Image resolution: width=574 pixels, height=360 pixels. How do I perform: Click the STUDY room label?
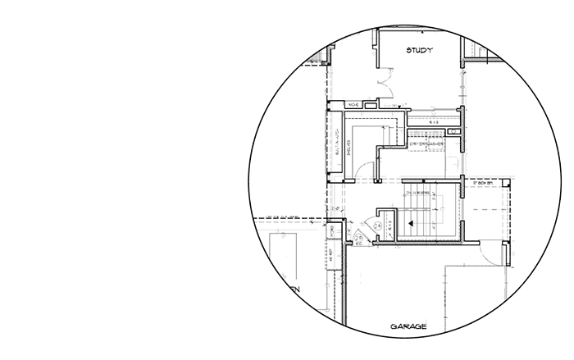coord(419,51)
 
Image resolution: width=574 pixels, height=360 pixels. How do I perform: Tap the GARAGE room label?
coord(408,326)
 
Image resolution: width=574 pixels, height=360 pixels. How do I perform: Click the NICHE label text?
coord(353,105)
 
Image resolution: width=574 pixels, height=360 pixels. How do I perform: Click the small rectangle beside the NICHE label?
coord(371,105)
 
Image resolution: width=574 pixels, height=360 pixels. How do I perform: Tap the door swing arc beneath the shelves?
coord(369,171)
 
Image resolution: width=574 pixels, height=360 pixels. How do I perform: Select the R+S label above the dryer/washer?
coord(435,122)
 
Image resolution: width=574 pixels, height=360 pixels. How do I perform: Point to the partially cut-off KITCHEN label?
coord(289,289)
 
